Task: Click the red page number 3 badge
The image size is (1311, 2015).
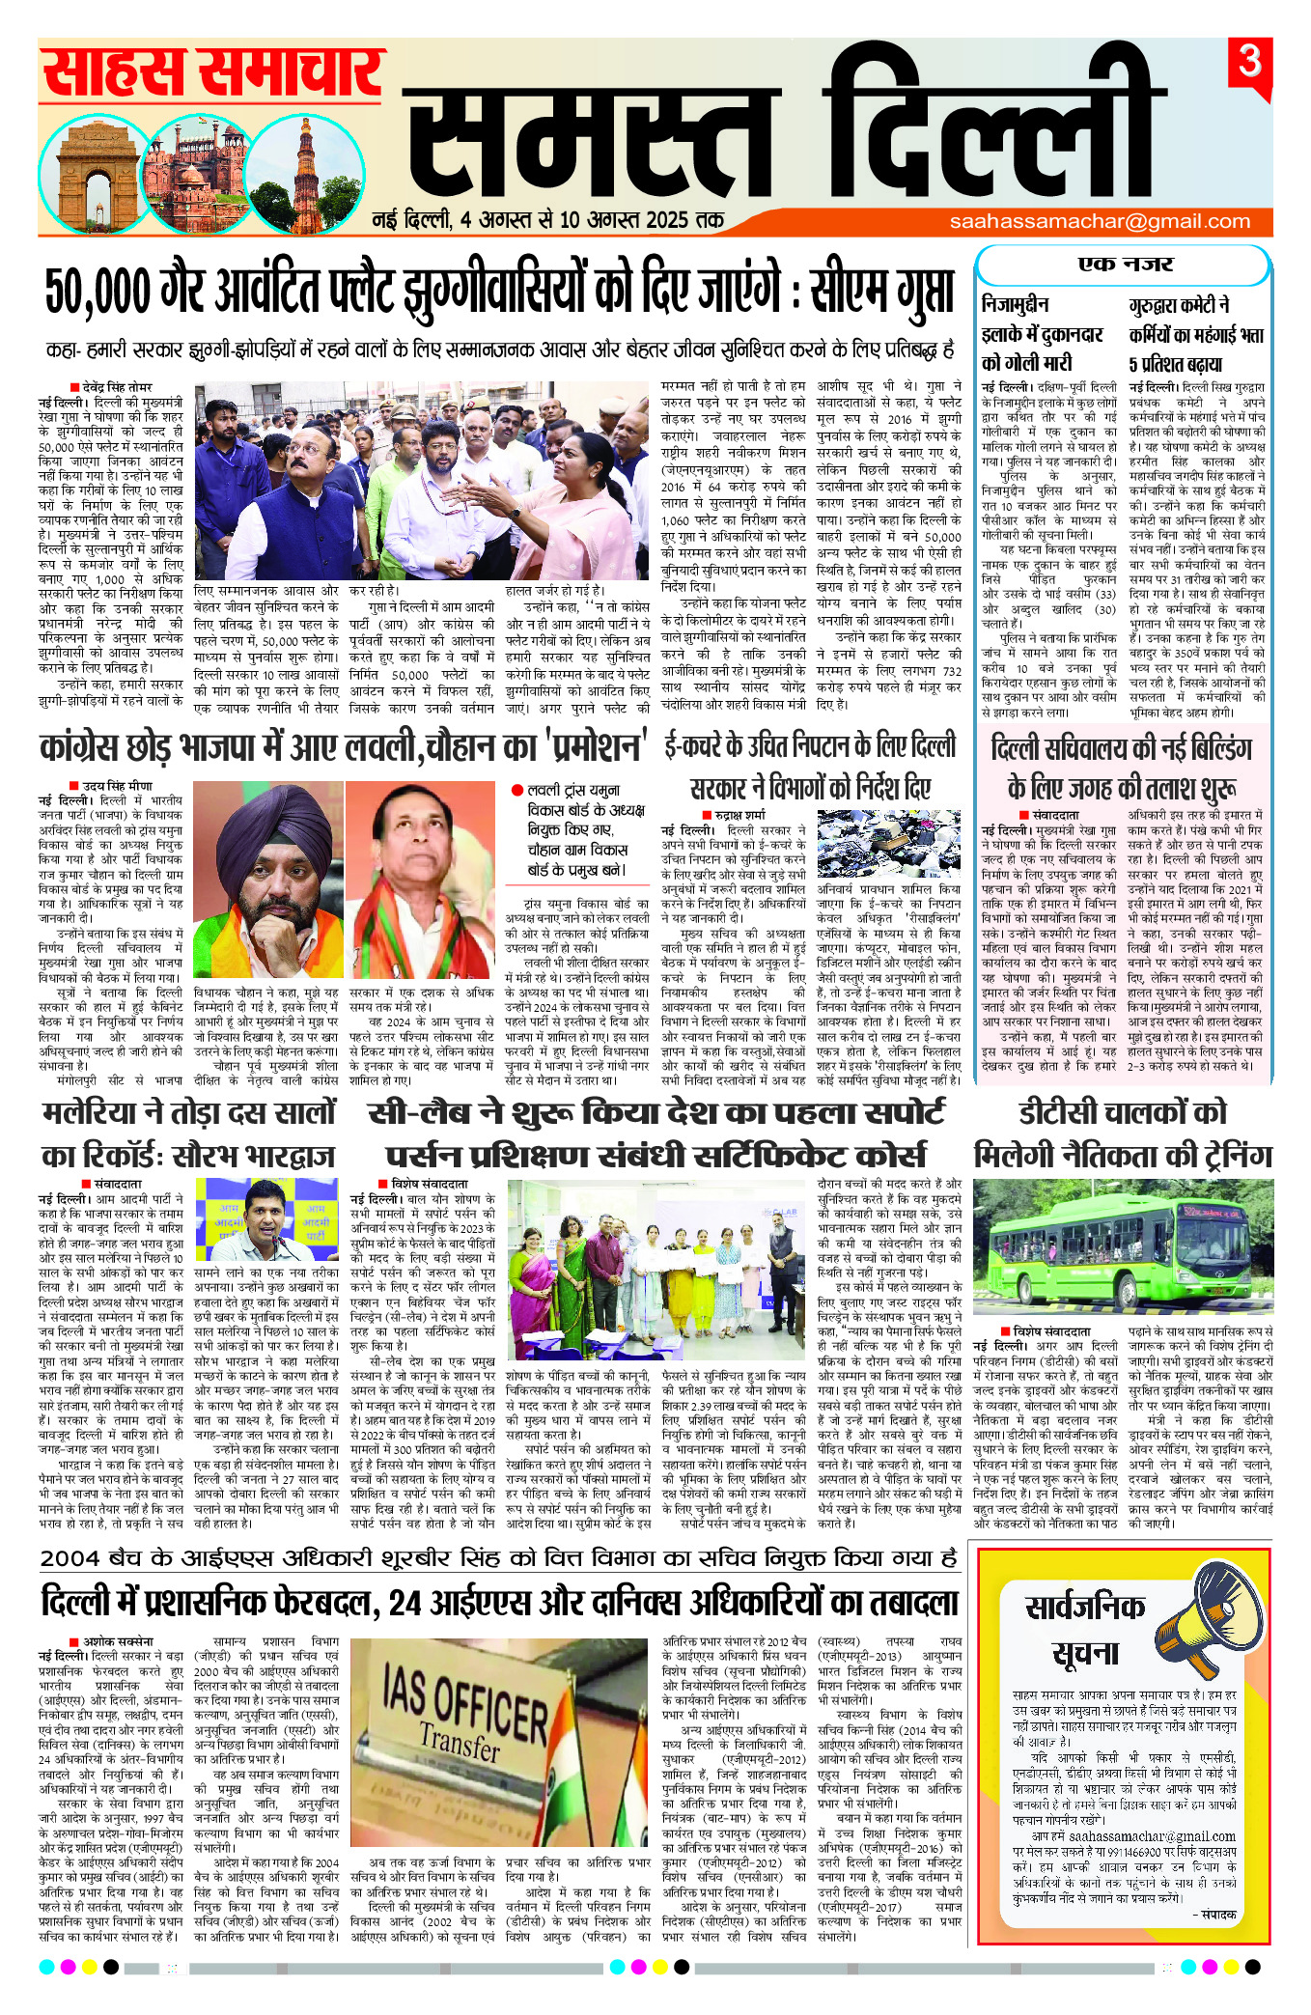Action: coord(1250,63)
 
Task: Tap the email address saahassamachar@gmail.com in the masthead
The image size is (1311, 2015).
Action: coord(1100,221)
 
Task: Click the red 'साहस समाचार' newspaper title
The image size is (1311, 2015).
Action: coord(212,71)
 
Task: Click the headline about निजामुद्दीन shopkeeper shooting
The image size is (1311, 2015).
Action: coord(1042,334)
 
